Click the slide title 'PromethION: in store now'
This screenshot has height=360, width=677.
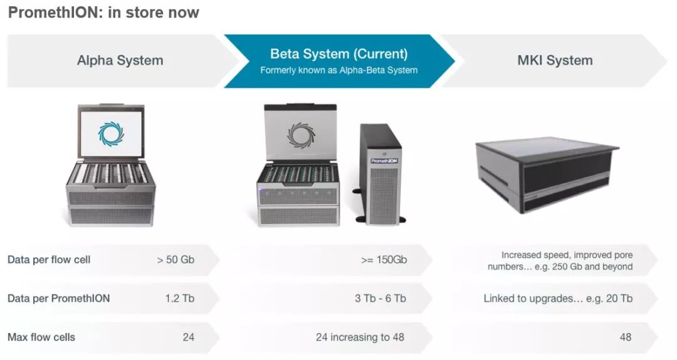click(103, 13)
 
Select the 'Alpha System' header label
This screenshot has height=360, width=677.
click(120, 61)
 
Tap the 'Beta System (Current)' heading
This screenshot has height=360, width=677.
click(338, 54)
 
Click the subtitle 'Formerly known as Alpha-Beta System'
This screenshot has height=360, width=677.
click(338, 70)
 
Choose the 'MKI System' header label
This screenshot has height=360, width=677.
click(555, 61)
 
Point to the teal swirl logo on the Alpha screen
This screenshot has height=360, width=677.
click(111, 134)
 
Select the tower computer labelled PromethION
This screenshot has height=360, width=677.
click(379, 172)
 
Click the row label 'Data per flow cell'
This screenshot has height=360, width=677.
click(49, 260)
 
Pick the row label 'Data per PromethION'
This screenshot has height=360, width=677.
click(58, 299)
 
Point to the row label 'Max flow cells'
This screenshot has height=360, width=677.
click(41, 337)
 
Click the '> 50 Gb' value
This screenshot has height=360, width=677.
click(176, 260)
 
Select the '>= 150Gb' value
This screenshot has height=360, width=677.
click(384, 260)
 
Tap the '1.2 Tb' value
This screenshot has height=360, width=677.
click(180, 299)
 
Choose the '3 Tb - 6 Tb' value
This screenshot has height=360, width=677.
click(380, 299)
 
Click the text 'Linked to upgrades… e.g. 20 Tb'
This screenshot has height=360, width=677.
click(558, 299)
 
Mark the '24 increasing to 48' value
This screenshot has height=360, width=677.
click(360, 337)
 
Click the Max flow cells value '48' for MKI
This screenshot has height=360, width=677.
click(625, 337)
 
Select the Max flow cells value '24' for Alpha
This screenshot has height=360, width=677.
click(188, 337)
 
